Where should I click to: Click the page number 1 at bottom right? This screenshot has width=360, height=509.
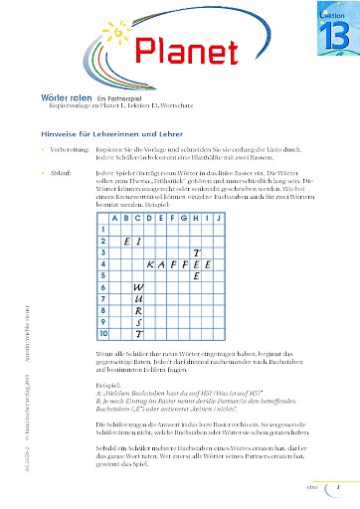(x=338, y=489)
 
